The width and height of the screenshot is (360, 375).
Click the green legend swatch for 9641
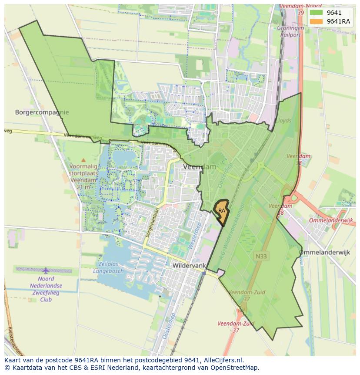[x=316, y=13]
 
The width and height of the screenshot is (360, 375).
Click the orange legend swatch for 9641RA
[x=316, y=21]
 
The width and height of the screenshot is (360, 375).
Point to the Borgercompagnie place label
[x=42, y=112]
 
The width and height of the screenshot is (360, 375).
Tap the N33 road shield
[x=261, y=257]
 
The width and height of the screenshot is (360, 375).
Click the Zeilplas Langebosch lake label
[x=108, y=267]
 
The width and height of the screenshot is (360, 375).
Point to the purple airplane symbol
[x=46, y=271]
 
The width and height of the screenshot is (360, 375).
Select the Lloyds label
[x=283, y=120]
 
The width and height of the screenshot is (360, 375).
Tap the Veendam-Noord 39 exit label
[x=297, y=10]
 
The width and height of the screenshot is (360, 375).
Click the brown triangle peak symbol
[x=83, y=160]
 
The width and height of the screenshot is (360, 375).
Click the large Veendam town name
[x=200, y=167]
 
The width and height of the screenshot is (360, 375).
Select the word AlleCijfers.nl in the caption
[x=223, y=360]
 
